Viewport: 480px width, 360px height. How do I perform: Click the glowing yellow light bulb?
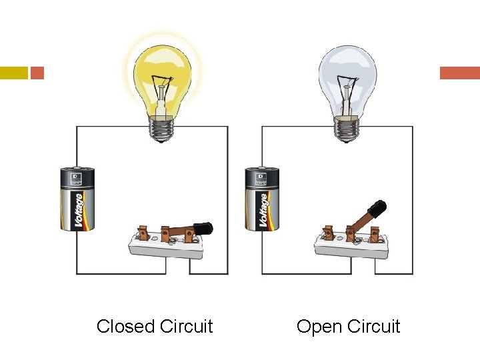point(161,77)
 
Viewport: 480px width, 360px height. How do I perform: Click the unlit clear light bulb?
point(347,77)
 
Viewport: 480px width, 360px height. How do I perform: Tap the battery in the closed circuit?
point(77,199)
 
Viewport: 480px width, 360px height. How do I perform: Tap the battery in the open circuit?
point(263,199)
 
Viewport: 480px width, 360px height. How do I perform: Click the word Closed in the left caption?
point(126,327)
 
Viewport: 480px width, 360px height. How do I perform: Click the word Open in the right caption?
point(318,327)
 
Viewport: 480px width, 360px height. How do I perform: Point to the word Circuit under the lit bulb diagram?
point(186,327)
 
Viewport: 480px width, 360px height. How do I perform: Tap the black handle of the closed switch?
point(203,229)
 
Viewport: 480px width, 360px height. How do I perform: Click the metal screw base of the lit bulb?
point(161,128)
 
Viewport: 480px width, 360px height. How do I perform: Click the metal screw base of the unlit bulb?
point(347,128)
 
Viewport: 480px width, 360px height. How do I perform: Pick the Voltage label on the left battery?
point(79,211)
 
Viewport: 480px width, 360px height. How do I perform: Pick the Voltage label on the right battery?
point(265,211)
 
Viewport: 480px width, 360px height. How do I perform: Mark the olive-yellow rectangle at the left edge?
point(13,73)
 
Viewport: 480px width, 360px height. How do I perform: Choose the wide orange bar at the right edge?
point(459,73)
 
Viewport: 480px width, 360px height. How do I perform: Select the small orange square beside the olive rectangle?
point(37,73)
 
